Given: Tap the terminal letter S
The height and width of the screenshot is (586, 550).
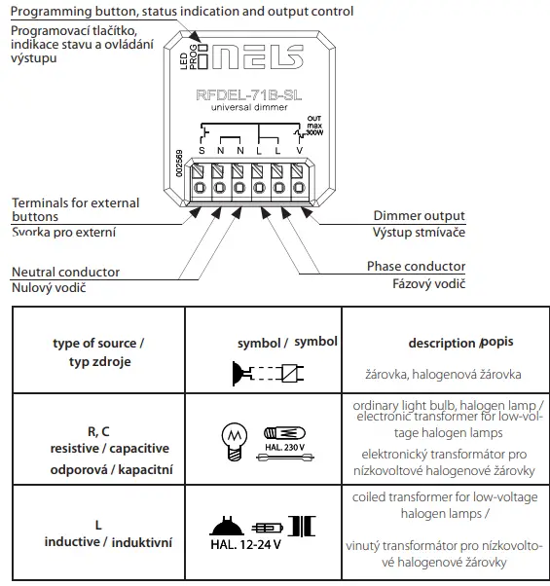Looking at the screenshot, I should [202, 151].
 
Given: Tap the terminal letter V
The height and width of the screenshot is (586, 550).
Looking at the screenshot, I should [299, 151].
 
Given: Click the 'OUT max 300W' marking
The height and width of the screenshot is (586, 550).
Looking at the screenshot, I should [312, 126].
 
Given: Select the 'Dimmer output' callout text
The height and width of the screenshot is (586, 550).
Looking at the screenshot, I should [419, 215].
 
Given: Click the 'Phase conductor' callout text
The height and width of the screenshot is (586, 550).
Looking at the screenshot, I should [416, 267].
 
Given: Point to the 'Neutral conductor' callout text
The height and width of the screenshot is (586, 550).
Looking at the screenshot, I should [65, 272].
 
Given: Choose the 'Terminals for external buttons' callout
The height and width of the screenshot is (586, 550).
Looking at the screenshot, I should [75, 210].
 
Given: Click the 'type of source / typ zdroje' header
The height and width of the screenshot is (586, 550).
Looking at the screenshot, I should [98, 352].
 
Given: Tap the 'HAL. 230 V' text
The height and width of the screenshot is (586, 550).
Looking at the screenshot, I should [284, 447].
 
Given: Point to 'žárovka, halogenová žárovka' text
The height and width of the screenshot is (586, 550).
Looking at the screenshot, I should [442, 374].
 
